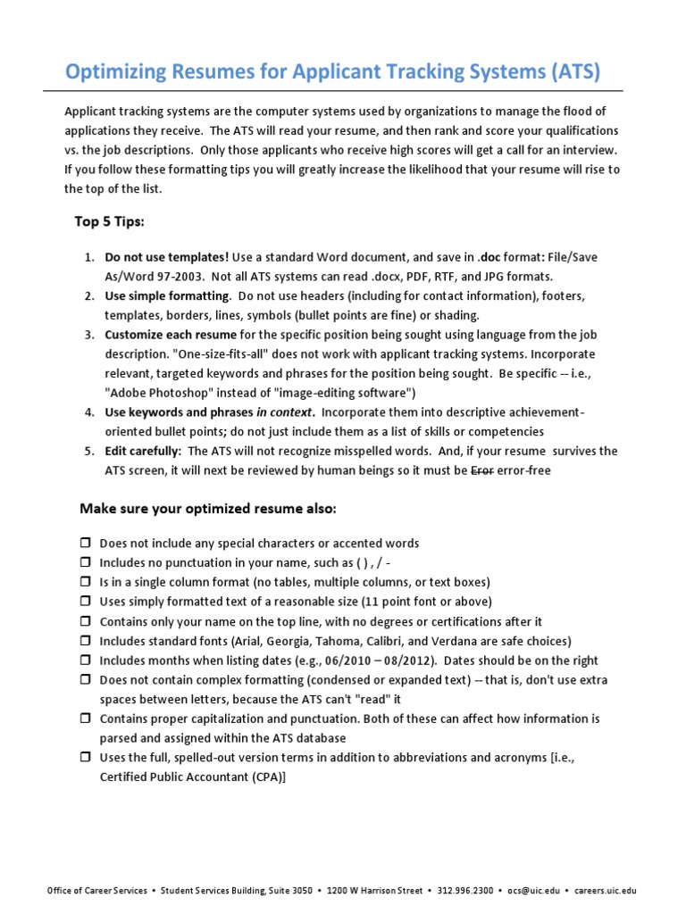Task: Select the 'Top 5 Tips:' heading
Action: (x=108, y=221)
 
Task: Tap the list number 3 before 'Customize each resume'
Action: (x=90, y=335)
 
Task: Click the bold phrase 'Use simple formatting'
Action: (x=168, y=295)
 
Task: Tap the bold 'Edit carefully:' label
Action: (x=143, y=452)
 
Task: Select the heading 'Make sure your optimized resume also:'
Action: (x=208, y=509)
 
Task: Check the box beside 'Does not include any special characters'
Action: (x=86, y=544)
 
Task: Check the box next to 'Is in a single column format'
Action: (x=86, y=583)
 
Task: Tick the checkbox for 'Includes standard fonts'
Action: (x=86, y=642)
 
